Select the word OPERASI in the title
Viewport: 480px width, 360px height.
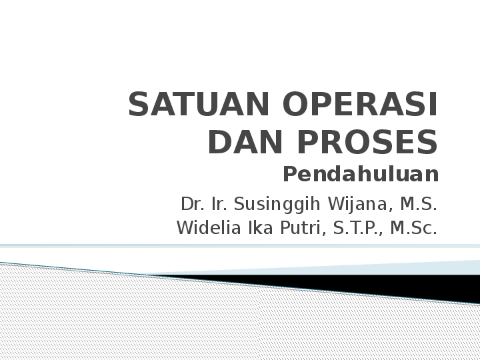(x=361, y=105)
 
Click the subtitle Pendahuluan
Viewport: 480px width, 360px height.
(x=361, y=175)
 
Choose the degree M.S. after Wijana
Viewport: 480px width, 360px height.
(x=419, y=203)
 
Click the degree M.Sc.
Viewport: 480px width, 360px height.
(x=413, y=229)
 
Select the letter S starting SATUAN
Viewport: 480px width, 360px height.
(x=139, y=105)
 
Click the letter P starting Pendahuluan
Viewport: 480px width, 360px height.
(x=290, y=175)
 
